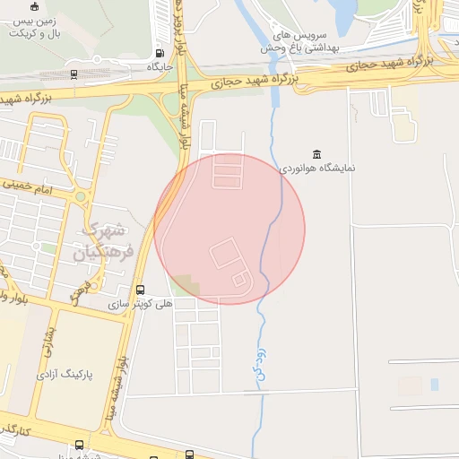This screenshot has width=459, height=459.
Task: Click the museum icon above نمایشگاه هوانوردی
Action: pyautogui.click(x=316, y=153)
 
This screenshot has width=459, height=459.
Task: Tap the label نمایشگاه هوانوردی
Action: pyautogui.click(x=316, y=168)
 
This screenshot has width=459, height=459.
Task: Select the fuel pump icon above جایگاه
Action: pyautogui.click(x=160, y=53)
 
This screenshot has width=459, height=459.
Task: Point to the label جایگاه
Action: pyautogui.click(x=160, y=66)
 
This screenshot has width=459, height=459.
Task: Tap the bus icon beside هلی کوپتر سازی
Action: pyautogui.click(x=140, y=290)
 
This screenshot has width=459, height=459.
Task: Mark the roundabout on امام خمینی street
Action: pyautogui.click(x=81, y=195)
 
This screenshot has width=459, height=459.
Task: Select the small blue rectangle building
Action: pyautogui.click(x=435, y=385)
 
